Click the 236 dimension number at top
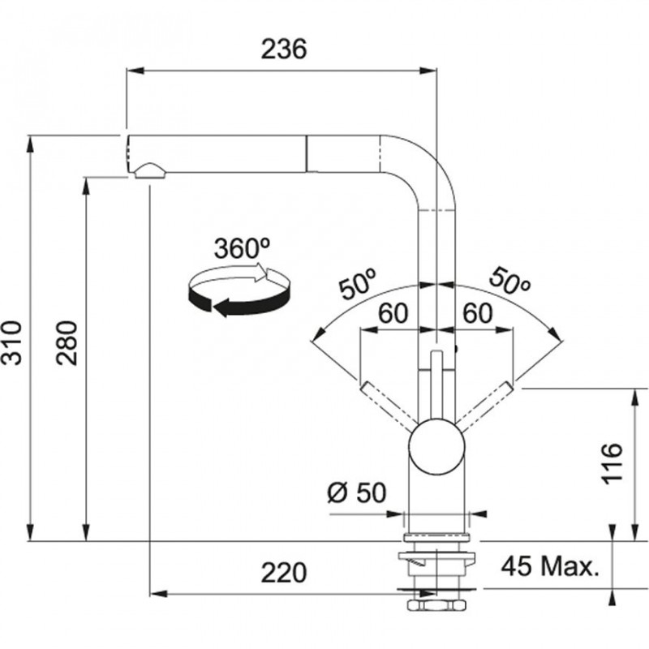[284, 49]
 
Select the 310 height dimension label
[11, 342]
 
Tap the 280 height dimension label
[67, 342]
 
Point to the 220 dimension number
[284, 573]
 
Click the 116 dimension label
[612, 462]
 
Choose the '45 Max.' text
[550, 566]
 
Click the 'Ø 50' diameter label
[356, 492]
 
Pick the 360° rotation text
[242, 248]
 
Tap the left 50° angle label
[358, 282]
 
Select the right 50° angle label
[509, 282]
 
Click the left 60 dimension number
[393, 313]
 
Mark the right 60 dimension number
[478, 313]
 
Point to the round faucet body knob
[436, 446]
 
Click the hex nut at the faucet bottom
[436, 604]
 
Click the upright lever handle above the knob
[436, 385]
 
